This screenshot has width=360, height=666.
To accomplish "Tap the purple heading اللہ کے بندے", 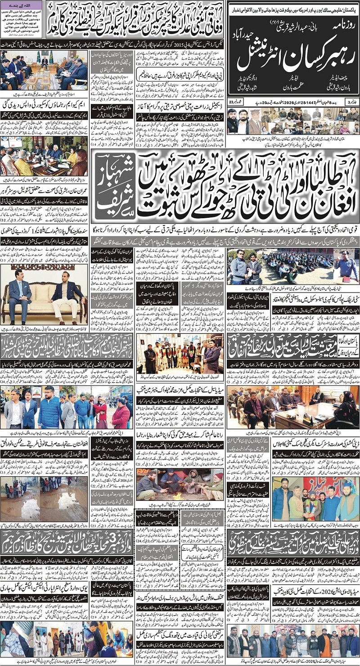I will [23, 4].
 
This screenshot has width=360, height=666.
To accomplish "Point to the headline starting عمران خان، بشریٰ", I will [44, 189].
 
